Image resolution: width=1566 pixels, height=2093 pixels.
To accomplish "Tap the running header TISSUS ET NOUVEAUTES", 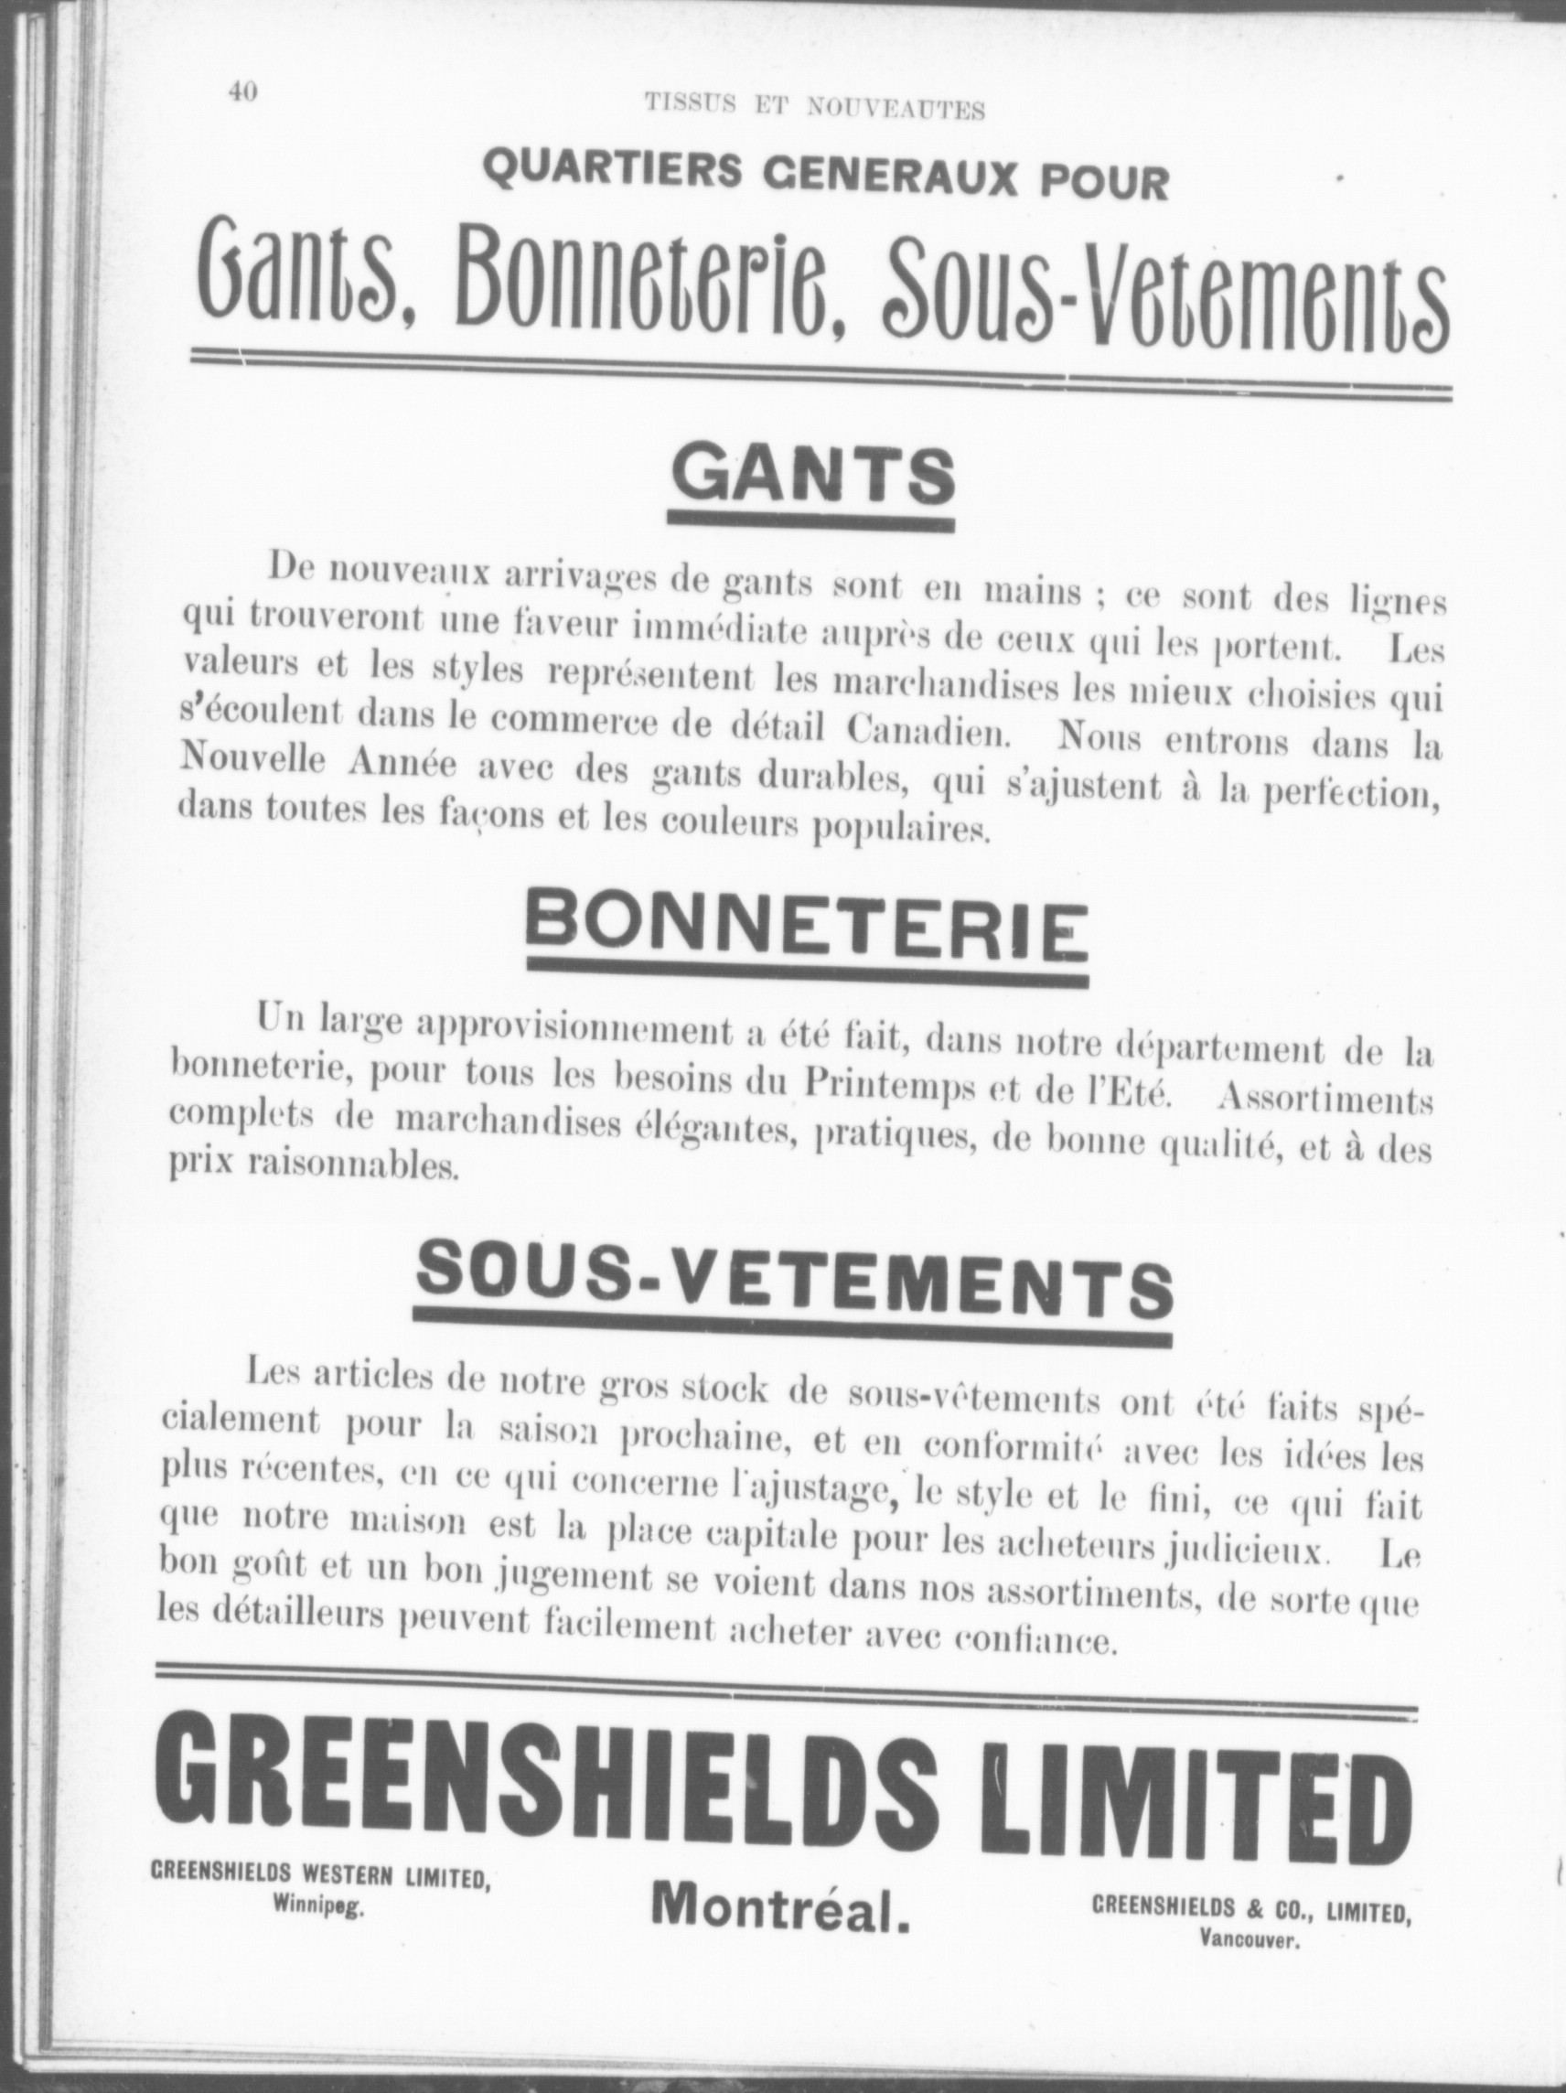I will coord(815,107).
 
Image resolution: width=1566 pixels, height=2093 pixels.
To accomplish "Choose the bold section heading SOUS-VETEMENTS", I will coord(794,1289).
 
